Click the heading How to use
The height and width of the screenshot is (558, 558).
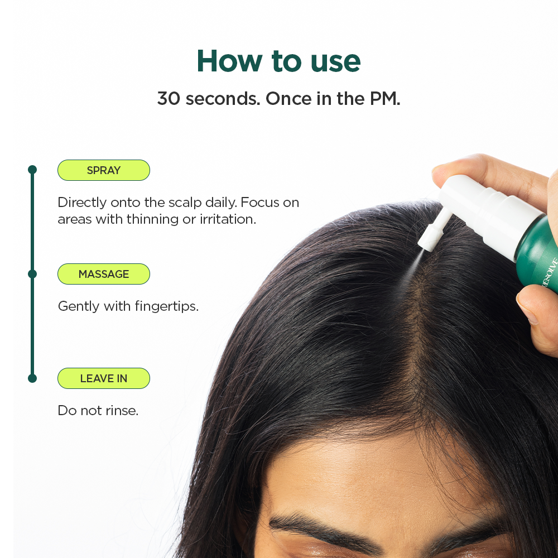pyautogui.click(x=278, y=61)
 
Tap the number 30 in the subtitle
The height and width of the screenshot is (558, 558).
pyautogui.click(x=169, y=99)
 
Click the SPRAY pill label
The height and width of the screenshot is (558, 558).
pyautogui.click(x=104, y=170)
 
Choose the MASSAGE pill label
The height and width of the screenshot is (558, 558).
pyautogui.click(x=104, y=274)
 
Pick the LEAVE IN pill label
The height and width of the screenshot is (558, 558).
pyautogui.click(x=104, y=378)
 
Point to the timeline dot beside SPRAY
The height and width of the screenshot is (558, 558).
pyautogui.click(x=32, y=170)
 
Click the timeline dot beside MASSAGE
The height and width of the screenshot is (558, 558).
pyautogui.click(x=32, y=274)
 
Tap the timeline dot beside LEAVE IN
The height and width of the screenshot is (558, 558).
pyautogui.click(x=32, y=378)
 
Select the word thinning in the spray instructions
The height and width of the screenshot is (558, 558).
pyautogui.click(x=152, y=219)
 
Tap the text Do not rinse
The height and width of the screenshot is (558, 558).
pyautogui.click(x=98, y=411)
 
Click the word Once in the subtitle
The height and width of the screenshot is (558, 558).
pyautogui.click(x=288, y=99)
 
